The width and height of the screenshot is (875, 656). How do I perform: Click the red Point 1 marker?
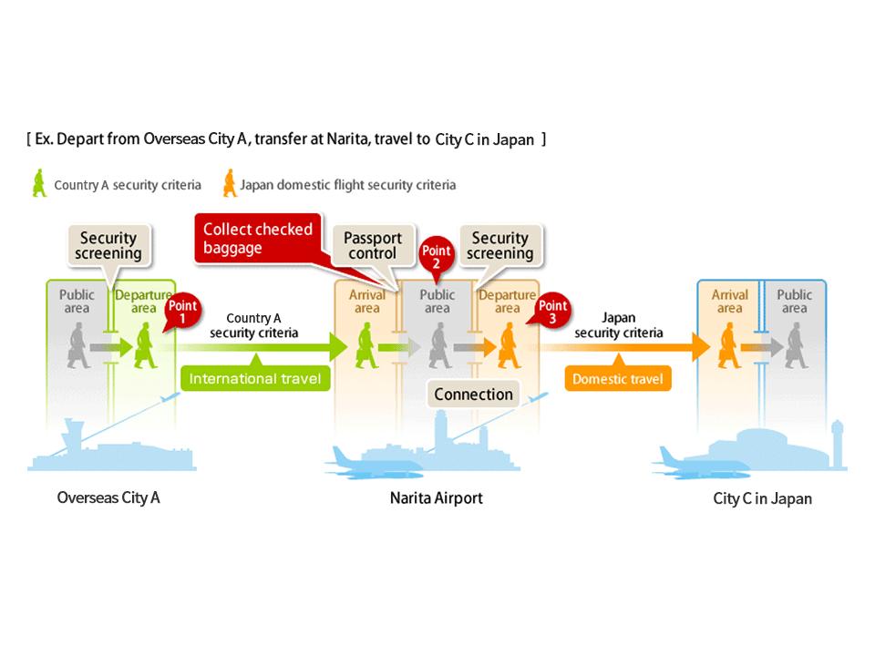click(x=181, y=313)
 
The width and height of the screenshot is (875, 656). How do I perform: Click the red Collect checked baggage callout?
click(x=258, y=238)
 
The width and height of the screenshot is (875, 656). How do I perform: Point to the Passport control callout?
click(x=372, y=244)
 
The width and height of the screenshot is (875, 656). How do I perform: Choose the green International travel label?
click(x=255, y=377)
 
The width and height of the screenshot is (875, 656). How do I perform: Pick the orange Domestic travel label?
click(x=618, y=377)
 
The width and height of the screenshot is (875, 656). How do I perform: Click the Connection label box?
click(x=473, y=395)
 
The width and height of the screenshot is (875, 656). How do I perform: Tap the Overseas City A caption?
click(x=108, y=497)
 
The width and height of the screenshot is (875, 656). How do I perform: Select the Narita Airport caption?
click(x=437, y=497)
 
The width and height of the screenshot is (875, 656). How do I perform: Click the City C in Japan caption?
click(x=762, y=498)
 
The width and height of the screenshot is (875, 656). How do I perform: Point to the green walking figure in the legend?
click(x=38, y=183)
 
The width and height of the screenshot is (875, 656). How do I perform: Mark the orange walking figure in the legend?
click(x=228, y=183)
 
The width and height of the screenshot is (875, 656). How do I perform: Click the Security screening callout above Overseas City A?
click(x=110, y=244)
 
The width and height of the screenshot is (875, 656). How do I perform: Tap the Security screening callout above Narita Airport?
click(x=499, y=244)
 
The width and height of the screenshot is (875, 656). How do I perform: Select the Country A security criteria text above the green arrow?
click(x=253, y=325)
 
